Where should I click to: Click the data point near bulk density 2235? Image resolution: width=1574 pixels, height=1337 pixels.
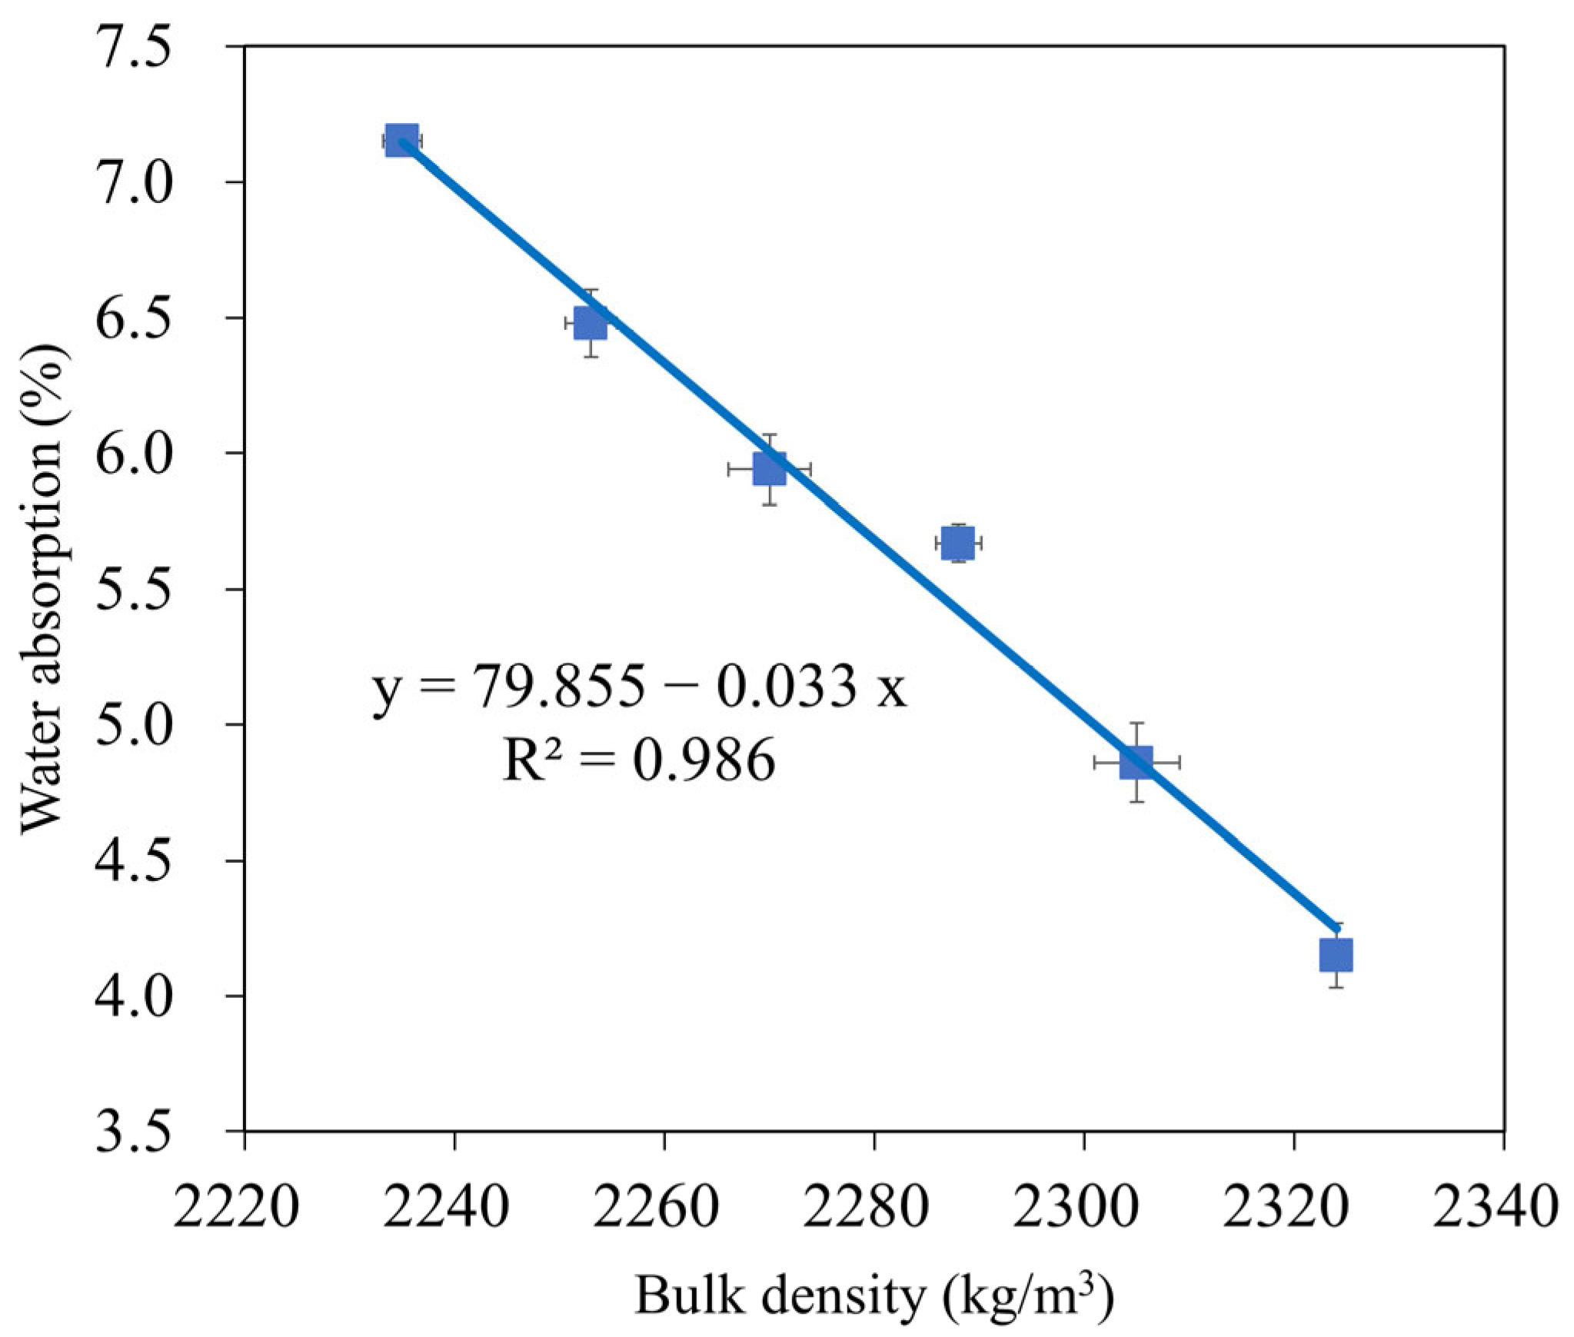pos(401,140)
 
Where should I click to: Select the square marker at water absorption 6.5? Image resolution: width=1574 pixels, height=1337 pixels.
pos(591,322)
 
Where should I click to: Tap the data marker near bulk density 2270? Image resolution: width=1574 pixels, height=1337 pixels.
pos(769,469)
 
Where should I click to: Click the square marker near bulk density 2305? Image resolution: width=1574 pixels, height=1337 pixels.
pos(1136,761)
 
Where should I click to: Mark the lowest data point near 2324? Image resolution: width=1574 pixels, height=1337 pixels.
pos(1336,955)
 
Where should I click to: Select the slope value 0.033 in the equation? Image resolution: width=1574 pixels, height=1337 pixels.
pos(787,687)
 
